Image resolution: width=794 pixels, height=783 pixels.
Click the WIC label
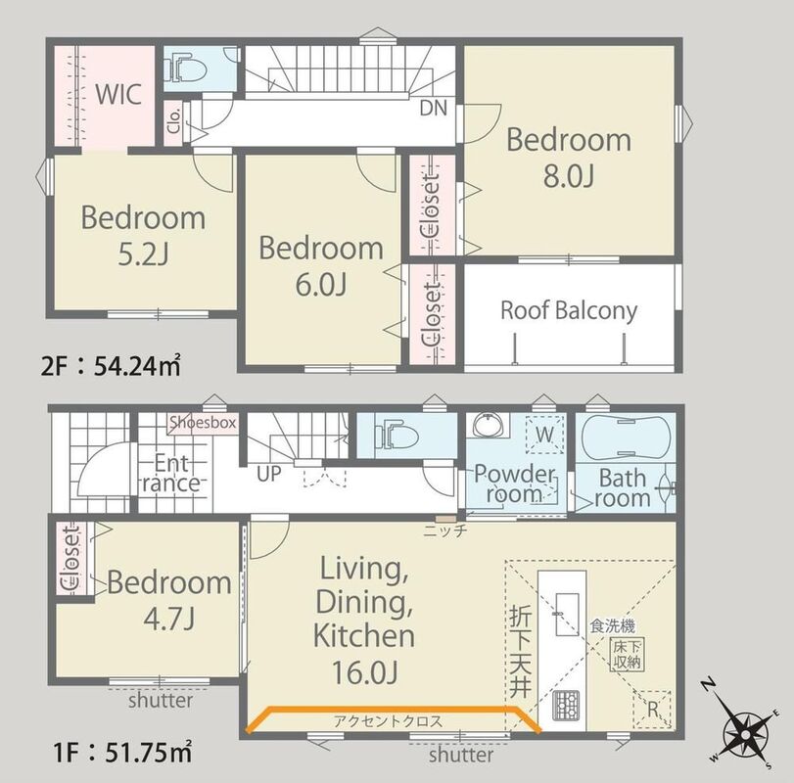(118, 94)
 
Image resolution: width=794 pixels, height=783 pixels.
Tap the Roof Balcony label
(569, 310)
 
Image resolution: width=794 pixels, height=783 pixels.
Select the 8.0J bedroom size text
(569, 176)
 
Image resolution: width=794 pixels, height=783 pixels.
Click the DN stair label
(434, 108)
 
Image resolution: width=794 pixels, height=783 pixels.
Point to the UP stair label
(269, 474)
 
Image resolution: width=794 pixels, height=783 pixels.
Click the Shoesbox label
(203, 422)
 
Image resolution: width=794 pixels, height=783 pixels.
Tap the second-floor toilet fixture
(186, 69)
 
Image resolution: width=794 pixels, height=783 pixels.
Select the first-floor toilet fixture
(397, 436)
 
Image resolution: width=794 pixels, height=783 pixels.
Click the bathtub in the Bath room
(626, 438)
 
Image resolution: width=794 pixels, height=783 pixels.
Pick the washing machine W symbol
(545, 435)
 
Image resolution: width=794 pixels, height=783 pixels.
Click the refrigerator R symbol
(652, 709)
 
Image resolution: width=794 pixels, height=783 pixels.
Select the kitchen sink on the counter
(567, 615)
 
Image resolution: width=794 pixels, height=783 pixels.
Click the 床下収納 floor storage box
(627, 655)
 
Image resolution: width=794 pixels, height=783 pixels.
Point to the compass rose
(745, 735)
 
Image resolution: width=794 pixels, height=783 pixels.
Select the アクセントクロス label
(388, 721)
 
